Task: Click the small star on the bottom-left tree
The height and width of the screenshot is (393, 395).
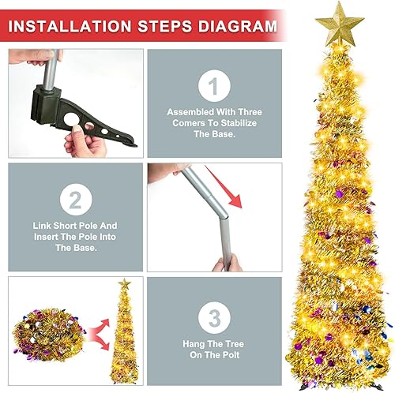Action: coord(124,283)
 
